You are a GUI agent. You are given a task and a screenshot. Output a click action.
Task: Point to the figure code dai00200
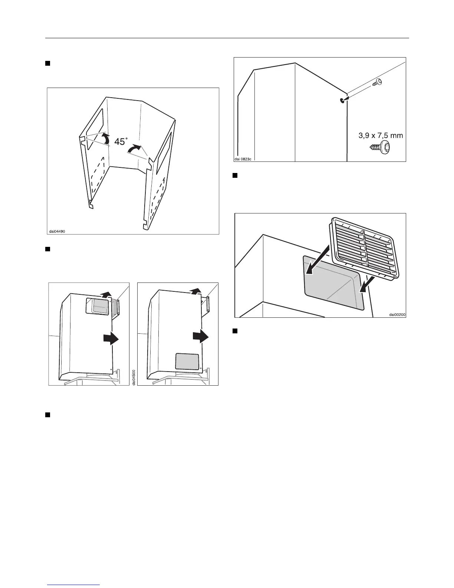pyautogui.click(x=397, y=314)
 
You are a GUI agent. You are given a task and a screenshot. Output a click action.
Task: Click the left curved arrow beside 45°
pyautogui.click(x=105, y=139)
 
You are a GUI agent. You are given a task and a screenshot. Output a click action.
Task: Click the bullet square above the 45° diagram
pyautogui.click(x=48, y=63)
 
